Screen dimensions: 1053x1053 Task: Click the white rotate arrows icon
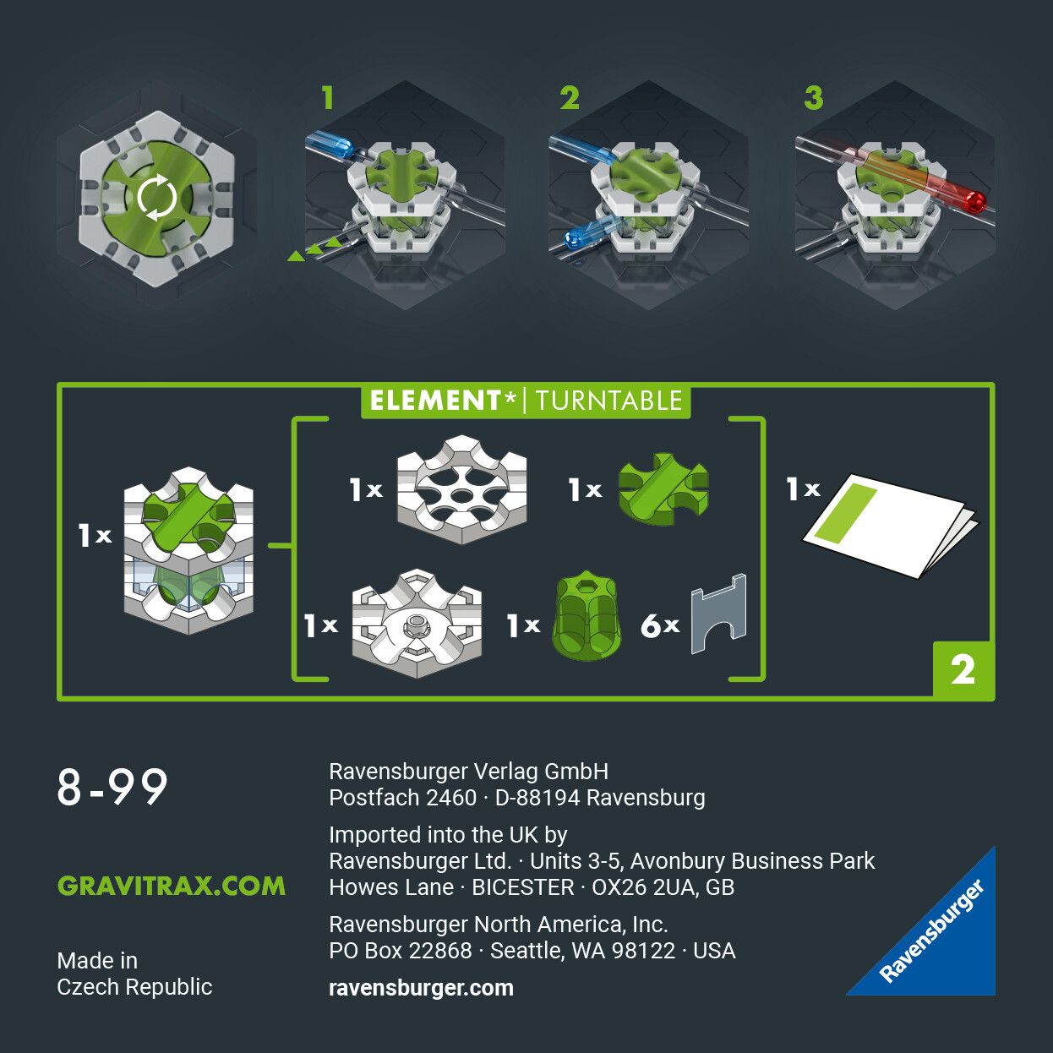coord(157,198)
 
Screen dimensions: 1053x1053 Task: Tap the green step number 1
coord(328,98)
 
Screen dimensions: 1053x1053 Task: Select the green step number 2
coord(570,98)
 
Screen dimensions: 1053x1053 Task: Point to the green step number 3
coord(813,98)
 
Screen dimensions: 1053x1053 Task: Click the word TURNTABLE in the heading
coord(608,401)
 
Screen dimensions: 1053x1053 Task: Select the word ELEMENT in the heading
coord(435,401)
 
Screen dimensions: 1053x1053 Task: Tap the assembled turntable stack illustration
coord(188,549)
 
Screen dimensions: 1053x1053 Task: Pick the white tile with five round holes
coord(461,489)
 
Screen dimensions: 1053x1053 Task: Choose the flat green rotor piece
coord(663,489)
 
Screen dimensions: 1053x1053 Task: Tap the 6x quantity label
coord(659,626)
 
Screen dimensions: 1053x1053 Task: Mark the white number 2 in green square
coord(963,670)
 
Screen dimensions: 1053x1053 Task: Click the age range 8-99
coord(112,788)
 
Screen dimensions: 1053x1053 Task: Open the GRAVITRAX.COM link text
coord(172,886)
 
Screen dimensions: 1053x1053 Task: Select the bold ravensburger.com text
coord(421,988)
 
